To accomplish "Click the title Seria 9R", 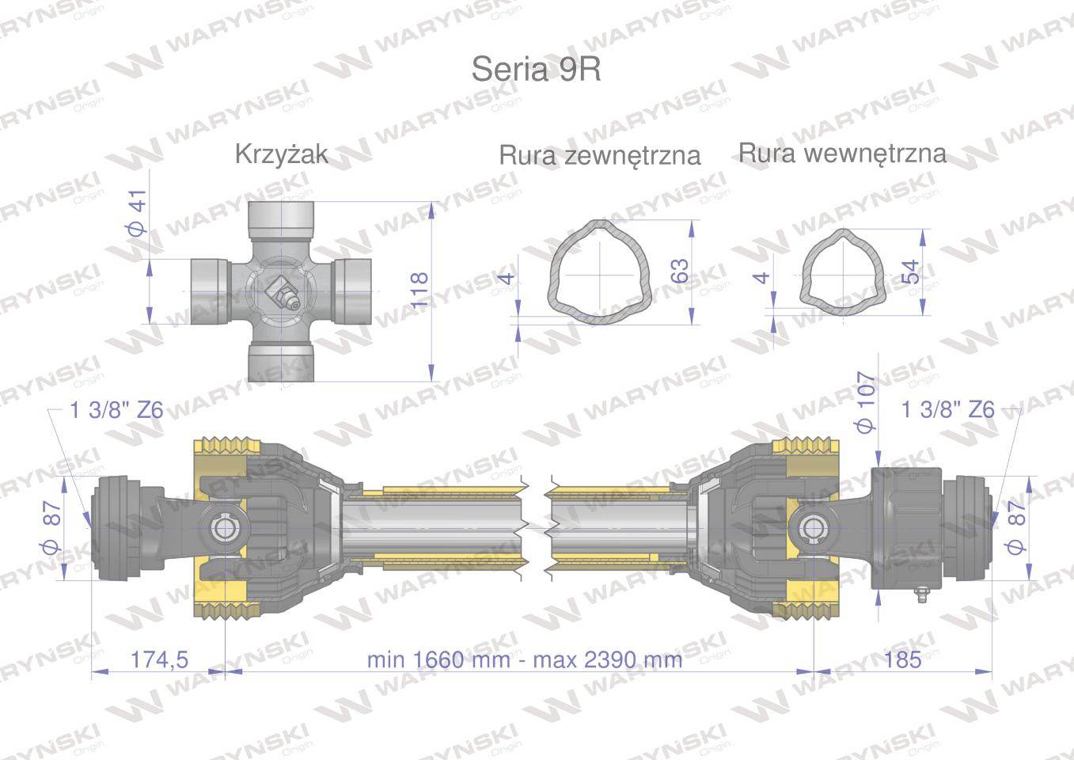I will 536,70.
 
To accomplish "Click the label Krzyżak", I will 281,154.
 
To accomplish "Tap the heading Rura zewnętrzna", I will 599,155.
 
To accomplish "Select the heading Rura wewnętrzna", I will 842,153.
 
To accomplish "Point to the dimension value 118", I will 419,290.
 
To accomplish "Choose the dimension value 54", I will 912,272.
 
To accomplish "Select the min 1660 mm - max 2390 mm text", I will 524,659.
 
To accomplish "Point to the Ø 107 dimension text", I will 867,402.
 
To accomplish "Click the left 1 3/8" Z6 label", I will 116,410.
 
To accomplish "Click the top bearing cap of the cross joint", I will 283,218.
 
